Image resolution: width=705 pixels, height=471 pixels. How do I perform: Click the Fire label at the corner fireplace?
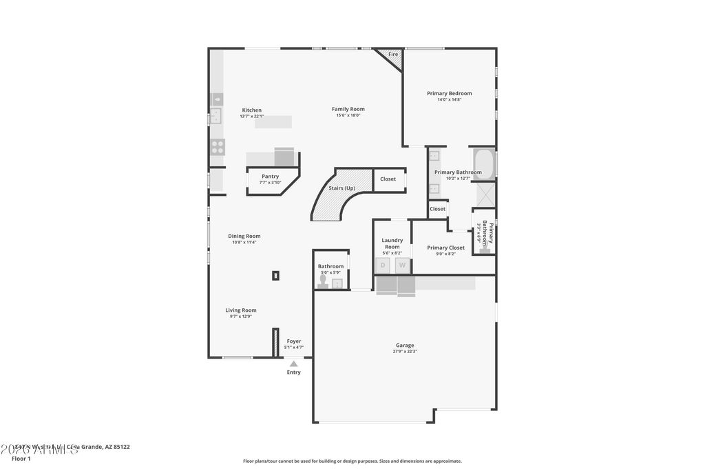pos(393,54)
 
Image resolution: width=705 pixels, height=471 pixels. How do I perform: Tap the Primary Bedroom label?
pos(449,93)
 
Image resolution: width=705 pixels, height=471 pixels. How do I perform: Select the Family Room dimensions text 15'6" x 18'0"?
pos(348,116)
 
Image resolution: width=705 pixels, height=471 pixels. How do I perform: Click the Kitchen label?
pos(251,110)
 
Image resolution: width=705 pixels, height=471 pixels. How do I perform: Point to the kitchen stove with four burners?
pos(217,146)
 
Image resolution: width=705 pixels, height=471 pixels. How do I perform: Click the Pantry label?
pos(270,177)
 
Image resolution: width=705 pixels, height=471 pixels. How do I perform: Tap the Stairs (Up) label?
pos(341,188)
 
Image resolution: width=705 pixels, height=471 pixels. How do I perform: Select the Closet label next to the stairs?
pos(388,179)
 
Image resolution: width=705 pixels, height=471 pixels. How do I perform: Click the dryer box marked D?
pos(383,265)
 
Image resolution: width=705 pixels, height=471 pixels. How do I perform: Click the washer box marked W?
pos(403,265)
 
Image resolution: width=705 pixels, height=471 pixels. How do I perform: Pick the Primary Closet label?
pos(445,248)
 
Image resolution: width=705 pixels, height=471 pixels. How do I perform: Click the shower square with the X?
pos(485,194)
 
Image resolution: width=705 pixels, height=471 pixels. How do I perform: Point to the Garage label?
pos(405,345)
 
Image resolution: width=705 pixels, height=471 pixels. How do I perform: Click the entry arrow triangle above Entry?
pos(294,363)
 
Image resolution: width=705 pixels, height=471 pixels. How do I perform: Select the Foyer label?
pos(294,341)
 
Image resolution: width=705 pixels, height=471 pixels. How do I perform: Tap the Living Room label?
pos(241,310)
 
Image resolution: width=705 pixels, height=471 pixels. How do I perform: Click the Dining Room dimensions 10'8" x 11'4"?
pos(244,243)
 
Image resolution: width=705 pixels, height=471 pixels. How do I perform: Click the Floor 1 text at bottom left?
pos(21,459)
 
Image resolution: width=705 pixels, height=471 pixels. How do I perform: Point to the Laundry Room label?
pos(392,243)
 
